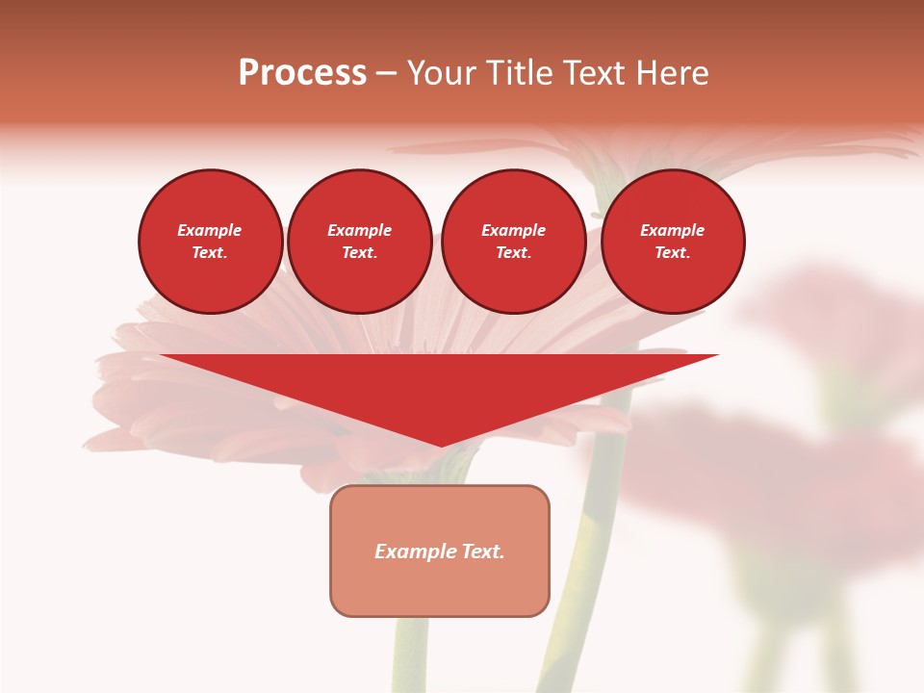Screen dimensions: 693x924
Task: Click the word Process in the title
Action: pyautogui.click(x=302, y=73)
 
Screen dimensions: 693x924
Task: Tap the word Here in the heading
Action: pyautogui.click(x=673, y=73)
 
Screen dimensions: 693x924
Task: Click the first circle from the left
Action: pyautogui.click(x=210, y=242)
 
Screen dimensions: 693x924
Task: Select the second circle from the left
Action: pyautogui.click(x=359, y=242)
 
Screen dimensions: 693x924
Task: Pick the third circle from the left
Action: pyautogui.click(x=513, y=242)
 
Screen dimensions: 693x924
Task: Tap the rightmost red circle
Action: pyautogui.click(x=672, y=242)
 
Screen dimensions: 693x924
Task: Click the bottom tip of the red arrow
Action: pyautogui.click(x=441, y=445)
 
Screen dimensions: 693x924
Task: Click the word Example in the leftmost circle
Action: pyautogui.click(x=210, y=230)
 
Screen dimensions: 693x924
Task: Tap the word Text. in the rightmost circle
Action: pyautogui.click(x=672, y=253)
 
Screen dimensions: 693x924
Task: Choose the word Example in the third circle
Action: pyautogui.click(x=513, y=230)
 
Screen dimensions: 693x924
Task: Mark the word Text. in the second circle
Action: pyautogui.click(x=359, y=253)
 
